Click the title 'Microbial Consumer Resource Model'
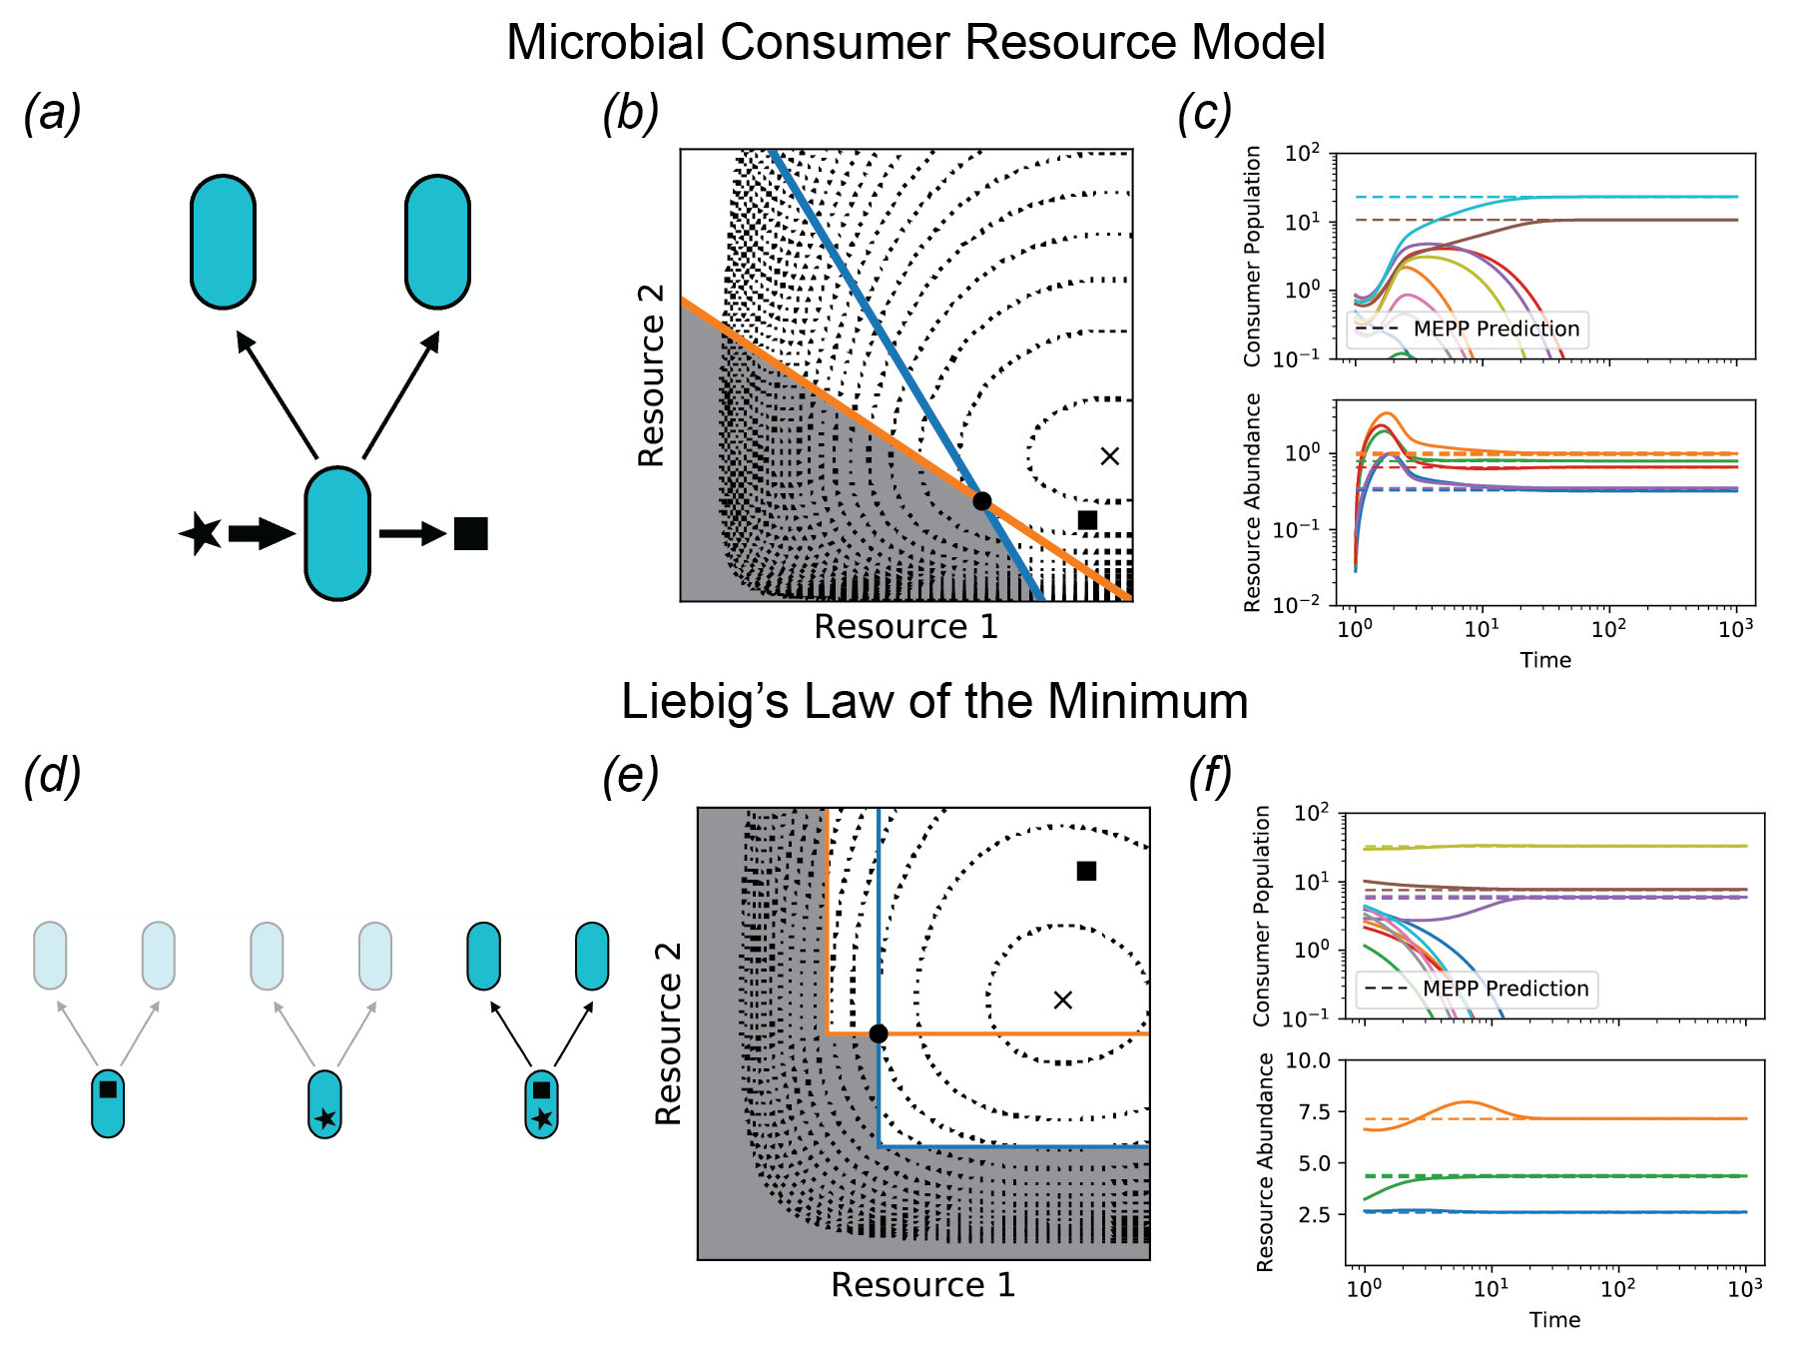[915, 43]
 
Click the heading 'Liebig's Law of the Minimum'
[934, 701]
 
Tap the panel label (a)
[52, 112]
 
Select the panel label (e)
[630, 775]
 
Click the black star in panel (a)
[202, 533]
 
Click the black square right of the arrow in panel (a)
[470, 533]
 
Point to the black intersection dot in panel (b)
[982, 501]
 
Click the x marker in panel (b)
[1109, 456]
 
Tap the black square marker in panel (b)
[1088, 520]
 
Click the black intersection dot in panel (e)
[879, 1033]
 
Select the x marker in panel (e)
[1063, 1000]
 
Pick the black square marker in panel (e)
[1086, 872]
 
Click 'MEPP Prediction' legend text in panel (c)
[1496, 329]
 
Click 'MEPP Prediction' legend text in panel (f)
[1505, 989]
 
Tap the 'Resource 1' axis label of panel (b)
[905, 627]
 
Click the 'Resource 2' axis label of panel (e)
[669, 1033]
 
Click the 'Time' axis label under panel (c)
[1545, 660]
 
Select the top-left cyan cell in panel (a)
[223, 242]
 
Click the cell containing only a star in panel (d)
[324, 1104]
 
